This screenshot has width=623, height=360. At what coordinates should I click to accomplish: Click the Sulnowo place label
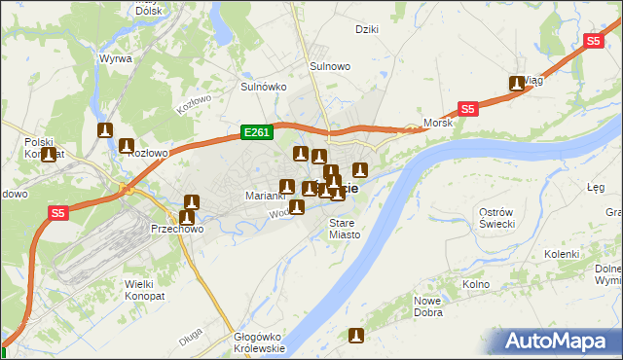329,66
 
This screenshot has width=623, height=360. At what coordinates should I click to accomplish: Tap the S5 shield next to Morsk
468,110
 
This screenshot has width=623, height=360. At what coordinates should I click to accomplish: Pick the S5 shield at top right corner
594,41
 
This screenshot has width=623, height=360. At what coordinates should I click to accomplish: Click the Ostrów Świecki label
503,218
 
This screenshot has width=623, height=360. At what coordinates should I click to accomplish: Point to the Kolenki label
562,254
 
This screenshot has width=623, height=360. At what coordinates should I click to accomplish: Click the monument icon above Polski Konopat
48,154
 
